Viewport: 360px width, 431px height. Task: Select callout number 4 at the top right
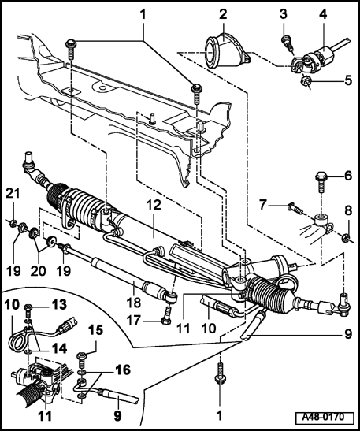[x=321, y=13]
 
